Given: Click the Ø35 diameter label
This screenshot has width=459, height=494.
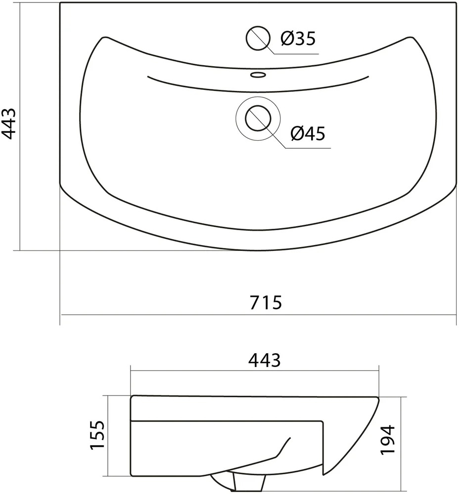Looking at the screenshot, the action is (x=298, y=39).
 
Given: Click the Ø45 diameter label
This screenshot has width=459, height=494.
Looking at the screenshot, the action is (x=308, y=133).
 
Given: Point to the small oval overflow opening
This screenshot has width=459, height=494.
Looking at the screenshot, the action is (x=258, y=75).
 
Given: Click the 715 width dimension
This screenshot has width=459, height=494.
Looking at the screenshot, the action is (x=266, y=302).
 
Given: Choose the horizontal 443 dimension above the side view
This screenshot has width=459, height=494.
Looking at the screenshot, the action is (x=264, y=360).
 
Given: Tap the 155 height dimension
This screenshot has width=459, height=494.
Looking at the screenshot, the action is (x=97, y=435).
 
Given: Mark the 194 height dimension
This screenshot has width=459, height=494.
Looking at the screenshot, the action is (x=387, y=440).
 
